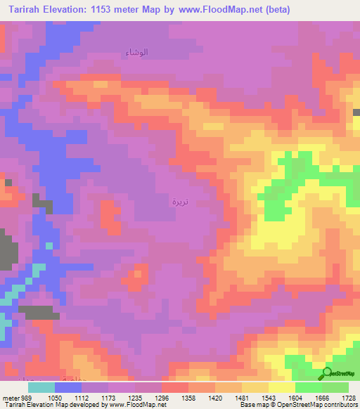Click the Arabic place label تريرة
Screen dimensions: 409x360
click(180, 202)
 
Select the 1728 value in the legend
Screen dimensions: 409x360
click(349, 397)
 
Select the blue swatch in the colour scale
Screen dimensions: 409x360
click(67, 387)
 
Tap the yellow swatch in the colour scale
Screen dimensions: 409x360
click(281, 387)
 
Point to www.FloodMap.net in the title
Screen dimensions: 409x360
click(219, 9)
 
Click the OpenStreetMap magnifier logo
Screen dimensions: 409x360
click(328, 373)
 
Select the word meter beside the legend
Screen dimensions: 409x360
click(12, 397)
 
